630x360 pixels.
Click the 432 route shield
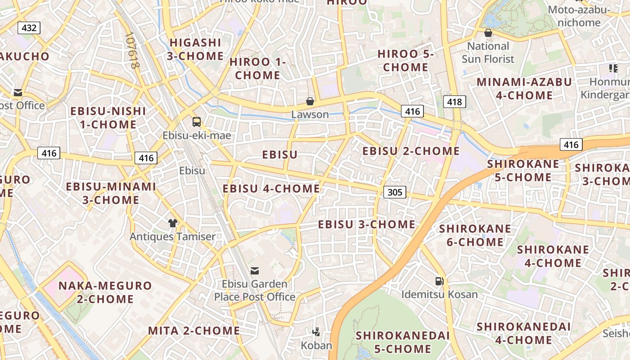pos(29,28)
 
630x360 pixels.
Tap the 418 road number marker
pos(454,102)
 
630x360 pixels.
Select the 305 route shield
pos(395,193)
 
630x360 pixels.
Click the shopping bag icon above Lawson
pos(310,101)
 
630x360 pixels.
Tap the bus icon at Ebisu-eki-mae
pos(197,121)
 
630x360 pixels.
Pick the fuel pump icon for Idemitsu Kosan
pos(439,281)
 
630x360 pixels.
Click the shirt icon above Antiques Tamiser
pos(173,223)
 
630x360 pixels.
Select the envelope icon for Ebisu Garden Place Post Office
pos(255,270)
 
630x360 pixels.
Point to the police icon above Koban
pos(316,332)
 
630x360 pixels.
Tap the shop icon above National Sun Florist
pos(488,33)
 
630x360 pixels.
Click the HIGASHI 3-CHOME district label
pos(195,49)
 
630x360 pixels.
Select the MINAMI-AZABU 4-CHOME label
pos(524,89)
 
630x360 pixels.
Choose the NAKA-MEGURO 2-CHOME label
pos(105,292)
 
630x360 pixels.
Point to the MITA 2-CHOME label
pos(194,331)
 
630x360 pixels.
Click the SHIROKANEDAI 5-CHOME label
pos(403,342)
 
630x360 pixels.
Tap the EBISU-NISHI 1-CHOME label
pos(108,117)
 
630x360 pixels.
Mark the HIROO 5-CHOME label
pos(405,60)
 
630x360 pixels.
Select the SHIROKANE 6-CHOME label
pos(475,235)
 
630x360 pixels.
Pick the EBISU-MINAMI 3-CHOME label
pos(111,193)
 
